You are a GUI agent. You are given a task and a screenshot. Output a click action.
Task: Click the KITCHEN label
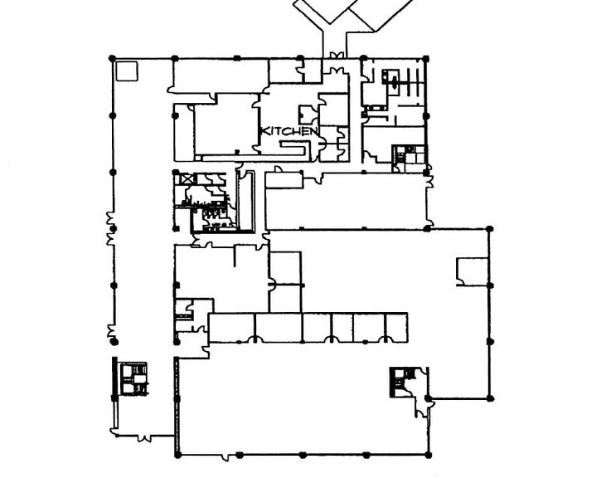tap(289, 131)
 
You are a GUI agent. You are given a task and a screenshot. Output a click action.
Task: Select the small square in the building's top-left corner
tap(127, 71)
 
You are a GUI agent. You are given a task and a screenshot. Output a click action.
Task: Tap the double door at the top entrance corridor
tap(335, 56)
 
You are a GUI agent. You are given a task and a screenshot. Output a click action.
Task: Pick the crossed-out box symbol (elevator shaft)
tap(188, 178)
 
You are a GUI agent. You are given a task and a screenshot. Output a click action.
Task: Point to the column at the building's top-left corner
tap(112, 58)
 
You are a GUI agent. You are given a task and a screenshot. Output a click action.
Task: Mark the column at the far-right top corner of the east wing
tap(489, 229)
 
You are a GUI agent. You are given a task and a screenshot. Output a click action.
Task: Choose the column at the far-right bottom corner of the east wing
tap(489, 398)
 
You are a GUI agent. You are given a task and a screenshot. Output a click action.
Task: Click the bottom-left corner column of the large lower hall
tap(177, 455)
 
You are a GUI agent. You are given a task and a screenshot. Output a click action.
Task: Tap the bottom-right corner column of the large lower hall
tap(428, 456)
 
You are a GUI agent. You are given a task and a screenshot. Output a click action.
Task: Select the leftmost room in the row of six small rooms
tap(231, 327)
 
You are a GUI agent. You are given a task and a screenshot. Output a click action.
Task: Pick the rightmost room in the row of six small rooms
tap(396, 327)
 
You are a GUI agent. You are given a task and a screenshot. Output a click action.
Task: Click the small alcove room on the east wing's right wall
tap(473, 271)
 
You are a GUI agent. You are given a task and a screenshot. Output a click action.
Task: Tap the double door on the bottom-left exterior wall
tap(144, 437)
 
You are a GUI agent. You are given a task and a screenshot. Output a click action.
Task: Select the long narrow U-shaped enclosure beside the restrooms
tap(245, 202)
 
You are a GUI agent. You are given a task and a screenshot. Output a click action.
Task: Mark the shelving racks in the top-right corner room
tap(411, 81)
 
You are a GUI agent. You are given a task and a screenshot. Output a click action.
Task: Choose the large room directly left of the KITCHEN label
tap(227, 128)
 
